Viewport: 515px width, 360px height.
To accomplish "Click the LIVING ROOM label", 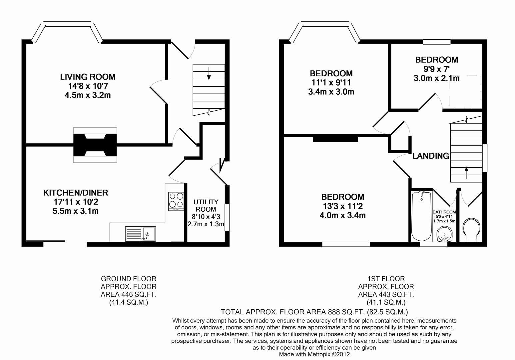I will click(x=88, y=77).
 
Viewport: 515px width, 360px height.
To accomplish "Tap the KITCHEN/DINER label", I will click(x=76, y=193).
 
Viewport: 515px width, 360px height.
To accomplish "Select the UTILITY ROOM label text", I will click(x=206, y=205).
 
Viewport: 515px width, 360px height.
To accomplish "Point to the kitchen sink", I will click(x=140, y=233).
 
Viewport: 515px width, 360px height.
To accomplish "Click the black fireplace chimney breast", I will click(x=95, y=145).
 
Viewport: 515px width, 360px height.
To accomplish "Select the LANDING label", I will click(x=431, y=156).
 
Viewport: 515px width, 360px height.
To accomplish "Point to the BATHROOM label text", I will click(x=444, y=212).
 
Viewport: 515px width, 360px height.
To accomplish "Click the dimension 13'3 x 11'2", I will click(x=342, y=206).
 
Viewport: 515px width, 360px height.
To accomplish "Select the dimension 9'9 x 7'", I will click(x=436, y=69).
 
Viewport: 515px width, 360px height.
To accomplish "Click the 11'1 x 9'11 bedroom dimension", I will click(x=331, y=82).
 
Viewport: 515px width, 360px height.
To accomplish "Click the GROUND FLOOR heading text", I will click(x=128, y=279).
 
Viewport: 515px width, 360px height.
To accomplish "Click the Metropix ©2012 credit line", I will click(x=314, y=354).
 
